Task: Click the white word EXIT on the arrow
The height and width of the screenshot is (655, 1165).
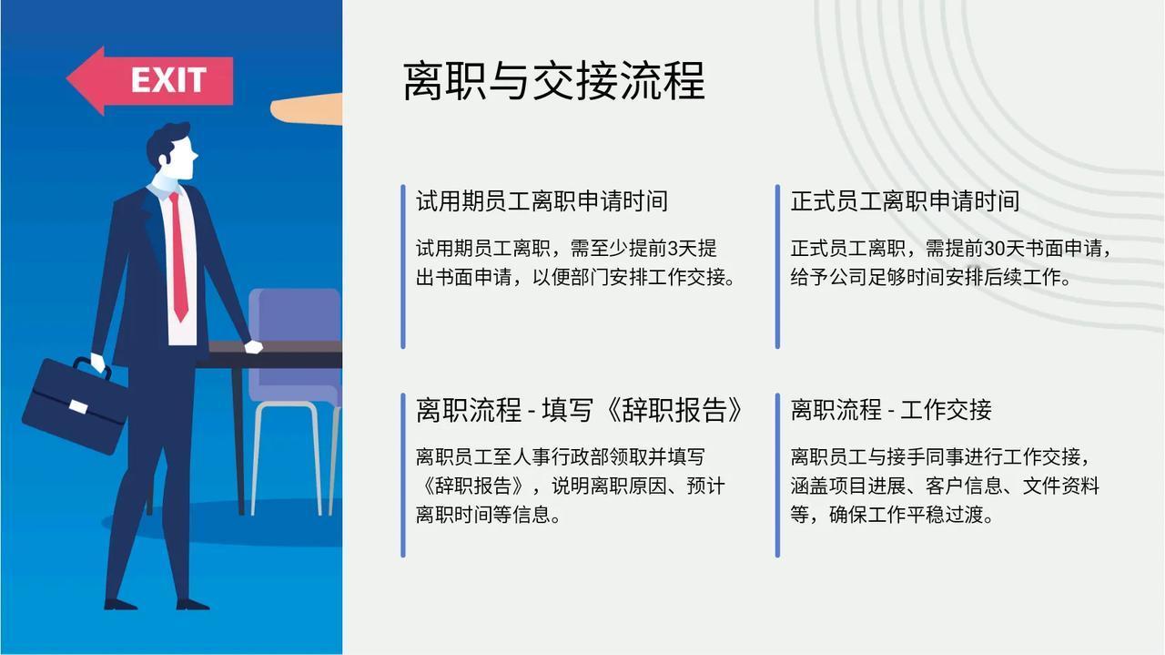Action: [x=168, y=80]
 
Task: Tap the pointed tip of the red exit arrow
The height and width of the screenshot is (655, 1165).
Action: [x=67, y=79]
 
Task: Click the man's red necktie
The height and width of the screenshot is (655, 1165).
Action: [x=179, y=256]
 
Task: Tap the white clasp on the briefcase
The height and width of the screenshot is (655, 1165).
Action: [x=78, y=406]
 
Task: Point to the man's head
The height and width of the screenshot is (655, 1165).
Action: [x=173, y=152]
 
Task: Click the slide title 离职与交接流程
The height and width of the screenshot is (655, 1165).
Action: [x=554, y=80]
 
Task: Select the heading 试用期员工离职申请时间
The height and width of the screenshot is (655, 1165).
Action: [x=542, y=201]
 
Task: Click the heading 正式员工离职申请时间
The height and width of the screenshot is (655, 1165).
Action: [x=905, y=201]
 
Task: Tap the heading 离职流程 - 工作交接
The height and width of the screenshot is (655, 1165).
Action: [x=891, y=410]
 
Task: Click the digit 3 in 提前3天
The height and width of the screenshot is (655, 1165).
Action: [x=673, y=249]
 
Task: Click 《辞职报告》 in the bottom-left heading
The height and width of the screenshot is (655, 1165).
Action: [x=674, y=410]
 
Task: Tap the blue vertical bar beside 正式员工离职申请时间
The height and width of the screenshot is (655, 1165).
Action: [x=777, y=266]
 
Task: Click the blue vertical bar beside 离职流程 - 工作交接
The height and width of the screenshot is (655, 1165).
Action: [x=777, y=475]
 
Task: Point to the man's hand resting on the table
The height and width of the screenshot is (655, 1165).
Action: [x=253, y=347]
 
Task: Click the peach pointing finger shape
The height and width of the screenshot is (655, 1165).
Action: [x=306, y=109]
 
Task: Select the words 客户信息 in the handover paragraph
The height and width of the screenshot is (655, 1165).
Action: [x=964, y=486]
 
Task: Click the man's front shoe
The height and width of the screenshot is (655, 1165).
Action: [x=193, y=604]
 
